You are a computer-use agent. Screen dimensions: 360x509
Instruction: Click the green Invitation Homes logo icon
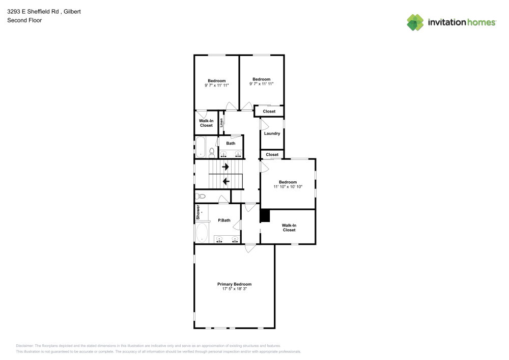coord(415,22)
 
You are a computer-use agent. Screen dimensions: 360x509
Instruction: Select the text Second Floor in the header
coord(24,20)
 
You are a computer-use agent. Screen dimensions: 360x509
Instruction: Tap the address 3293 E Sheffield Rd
coord(34,11)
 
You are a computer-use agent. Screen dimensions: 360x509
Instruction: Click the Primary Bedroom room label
coord(234,284)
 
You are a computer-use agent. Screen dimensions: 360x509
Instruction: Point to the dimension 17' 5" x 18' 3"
coord(234,289)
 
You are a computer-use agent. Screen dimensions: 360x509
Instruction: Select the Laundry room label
coord(272,133)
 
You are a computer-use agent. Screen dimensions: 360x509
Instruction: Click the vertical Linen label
coord(221,123)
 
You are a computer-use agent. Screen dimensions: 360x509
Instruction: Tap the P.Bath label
coord(224,220)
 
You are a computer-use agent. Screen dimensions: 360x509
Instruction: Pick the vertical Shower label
coord(198,212)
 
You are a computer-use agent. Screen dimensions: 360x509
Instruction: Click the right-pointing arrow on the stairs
coord(225,167)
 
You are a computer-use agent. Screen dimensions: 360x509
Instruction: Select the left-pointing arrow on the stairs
coord(225,181)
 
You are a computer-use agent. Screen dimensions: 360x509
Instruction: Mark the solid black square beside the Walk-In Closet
coord(265,216)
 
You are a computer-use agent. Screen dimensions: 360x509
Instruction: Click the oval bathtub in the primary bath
coord(202,233)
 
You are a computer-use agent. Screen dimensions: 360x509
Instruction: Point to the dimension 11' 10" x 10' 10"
coord(288,187)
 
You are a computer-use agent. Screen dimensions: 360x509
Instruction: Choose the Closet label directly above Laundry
coord(269,112)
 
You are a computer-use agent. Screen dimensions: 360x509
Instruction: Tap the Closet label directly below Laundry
coord(272,154)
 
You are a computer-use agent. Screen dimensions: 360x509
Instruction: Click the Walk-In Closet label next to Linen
coord(206,123)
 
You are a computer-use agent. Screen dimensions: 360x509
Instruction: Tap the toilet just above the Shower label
coord(201,196)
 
